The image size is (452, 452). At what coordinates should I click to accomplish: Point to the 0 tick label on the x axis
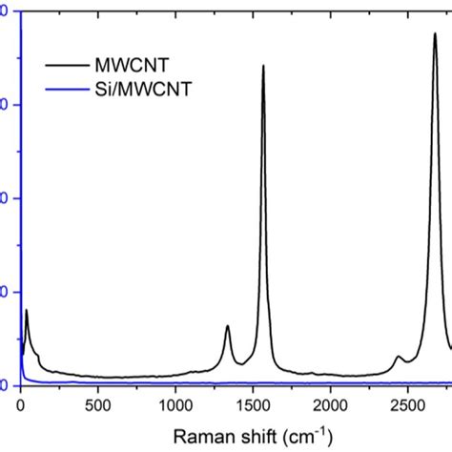coord(21,405)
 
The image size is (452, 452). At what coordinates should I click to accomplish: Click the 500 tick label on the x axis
coord(98,405)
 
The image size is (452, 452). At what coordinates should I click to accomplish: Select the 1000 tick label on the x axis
coord(175,405)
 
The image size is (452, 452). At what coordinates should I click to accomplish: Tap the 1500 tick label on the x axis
coord(253,405)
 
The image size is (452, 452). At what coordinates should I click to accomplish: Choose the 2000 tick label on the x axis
coord(330,405)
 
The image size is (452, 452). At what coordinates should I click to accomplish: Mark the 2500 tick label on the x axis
coord(407,405)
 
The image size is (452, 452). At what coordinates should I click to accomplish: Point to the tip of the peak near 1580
coord(263,66)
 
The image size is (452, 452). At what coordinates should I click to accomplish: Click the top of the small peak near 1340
coord(227,326)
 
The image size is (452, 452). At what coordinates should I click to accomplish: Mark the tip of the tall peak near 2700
coord(435,33)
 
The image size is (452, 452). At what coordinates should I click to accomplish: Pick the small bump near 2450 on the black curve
coord(401,357)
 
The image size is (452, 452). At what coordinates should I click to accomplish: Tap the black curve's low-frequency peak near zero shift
coord(27,311)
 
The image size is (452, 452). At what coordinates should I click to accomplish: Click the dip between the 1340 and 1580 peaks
coord(241,363)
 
